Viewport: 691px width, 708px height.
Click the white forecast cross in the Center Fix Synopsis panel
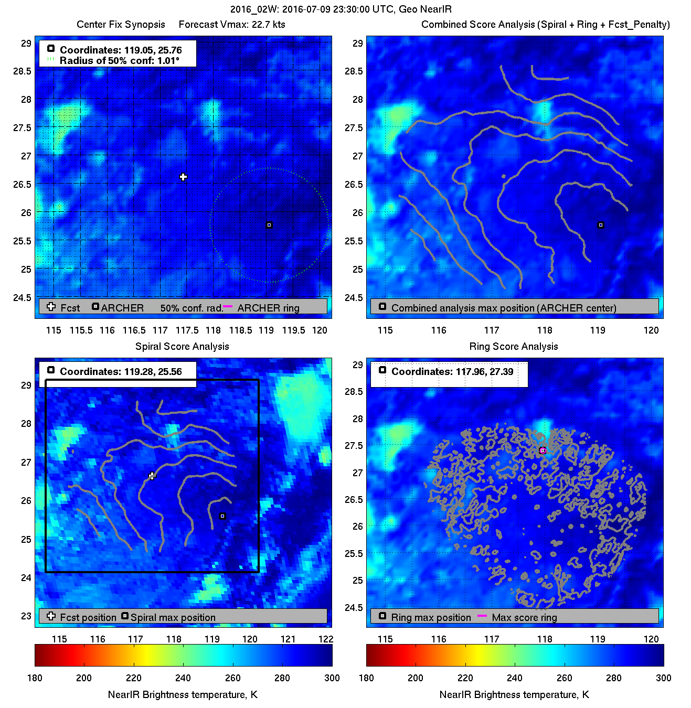[x=183, y=177]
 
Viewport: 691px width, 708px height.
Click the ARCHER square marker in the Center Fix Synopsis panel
[x=269, y=225]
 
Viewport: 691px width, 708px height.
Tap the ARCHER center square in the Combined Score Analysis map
[x=601, y=225]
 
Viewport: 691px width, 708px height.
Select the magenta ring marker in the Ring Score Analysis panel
[x=543, y=450]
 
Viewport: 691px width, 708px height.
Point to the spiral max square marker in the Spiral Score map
[x=222, y=516]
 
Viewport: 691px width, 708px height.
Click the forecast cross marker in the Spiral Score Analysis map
[x=152, y=476]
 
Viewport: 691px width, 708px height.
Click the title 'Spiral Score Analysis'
[x=182, y=346]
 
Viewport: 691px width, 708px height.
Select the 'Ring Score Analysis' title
[x=513, y=346]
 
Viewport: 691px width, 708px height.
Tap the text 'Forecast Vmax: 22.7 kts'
[x=232, y=24]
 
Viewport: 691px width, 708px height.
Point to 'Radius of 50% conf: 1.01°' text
[x=119, y=61]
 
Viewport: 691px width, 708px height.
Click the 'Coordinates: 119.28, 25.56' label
[x=121, y=371]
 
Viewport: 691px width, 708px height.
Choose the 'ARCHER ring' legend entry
[x=268, y=308]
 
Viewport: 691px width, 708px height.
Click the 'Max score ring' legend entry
[x=524, y=617]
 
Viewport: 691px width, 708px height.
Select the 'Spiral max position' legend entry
[x=173, y=617]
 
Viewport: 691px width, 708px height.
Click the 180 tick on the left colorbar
[x=35, y=678]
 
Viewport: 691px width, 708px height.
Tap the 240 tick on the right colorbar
[x=515, y=678]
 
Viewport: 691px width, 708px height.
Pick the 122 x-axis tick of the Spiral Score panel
[x=326, y=639]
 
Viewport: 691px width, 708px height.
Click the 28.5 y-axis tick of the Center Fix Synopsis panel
[x=22, y=71]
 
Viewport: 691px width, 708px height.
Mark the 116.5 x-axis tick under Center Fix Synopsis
[x=134, y=330]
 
